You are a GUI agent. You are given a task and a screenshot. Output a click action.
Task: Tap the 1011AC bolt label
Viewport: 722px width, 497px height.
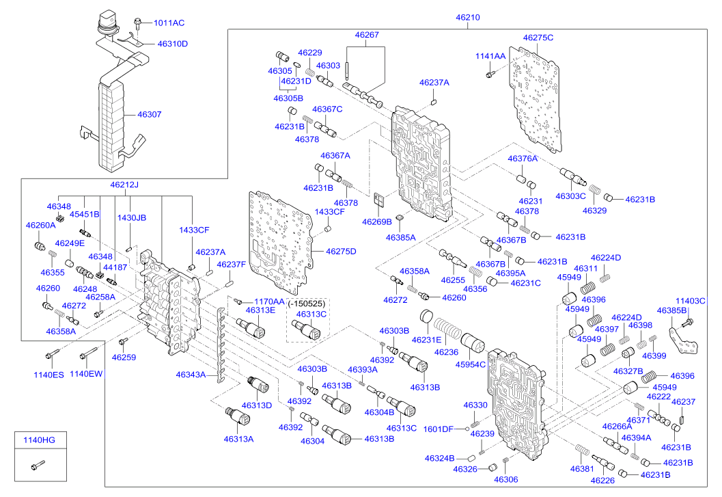(x=169, y=23)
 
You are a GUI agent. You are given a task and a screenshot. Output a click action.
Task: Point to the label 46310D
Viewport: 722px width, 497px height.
(x=172, y=44)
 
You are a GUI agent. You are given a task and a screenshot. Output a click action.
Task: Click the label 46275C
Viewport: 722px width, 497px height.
(x=538, y=38)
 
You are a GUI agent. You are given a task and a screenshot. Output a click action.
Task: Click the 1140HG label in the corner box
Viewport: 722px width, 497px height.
(x=39, y=440)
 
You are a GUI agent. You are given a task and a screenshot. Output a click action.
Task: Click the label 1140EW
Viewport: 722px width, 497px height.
(x=86, y=374)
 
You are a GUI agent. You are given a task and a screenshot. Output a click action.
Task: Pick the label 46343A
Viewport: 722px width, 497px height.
(x=191, y=375)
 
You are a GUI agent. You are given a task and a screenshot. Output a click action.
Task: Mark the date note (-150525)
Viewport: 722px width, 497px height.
(x=307, y=302)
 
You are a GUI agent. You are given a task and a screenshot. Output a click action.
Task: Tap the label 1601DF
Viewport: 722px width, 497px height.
(x=438, y=429)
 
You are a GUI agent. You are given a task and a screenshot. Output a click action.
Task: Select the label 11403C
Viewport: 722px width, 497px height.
(x=691, y=301)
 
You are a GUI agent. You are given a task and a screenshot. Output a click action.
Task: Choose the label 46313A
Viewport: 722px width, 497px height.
(x=238, y=439)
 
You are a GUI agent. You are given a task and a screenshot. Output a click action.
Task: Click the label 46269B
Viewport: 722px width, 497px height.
(x=377, y=221)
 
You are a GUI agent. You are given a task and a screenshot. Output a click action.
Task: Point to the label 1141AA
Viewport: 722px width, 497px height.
(x=490, y=56)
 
